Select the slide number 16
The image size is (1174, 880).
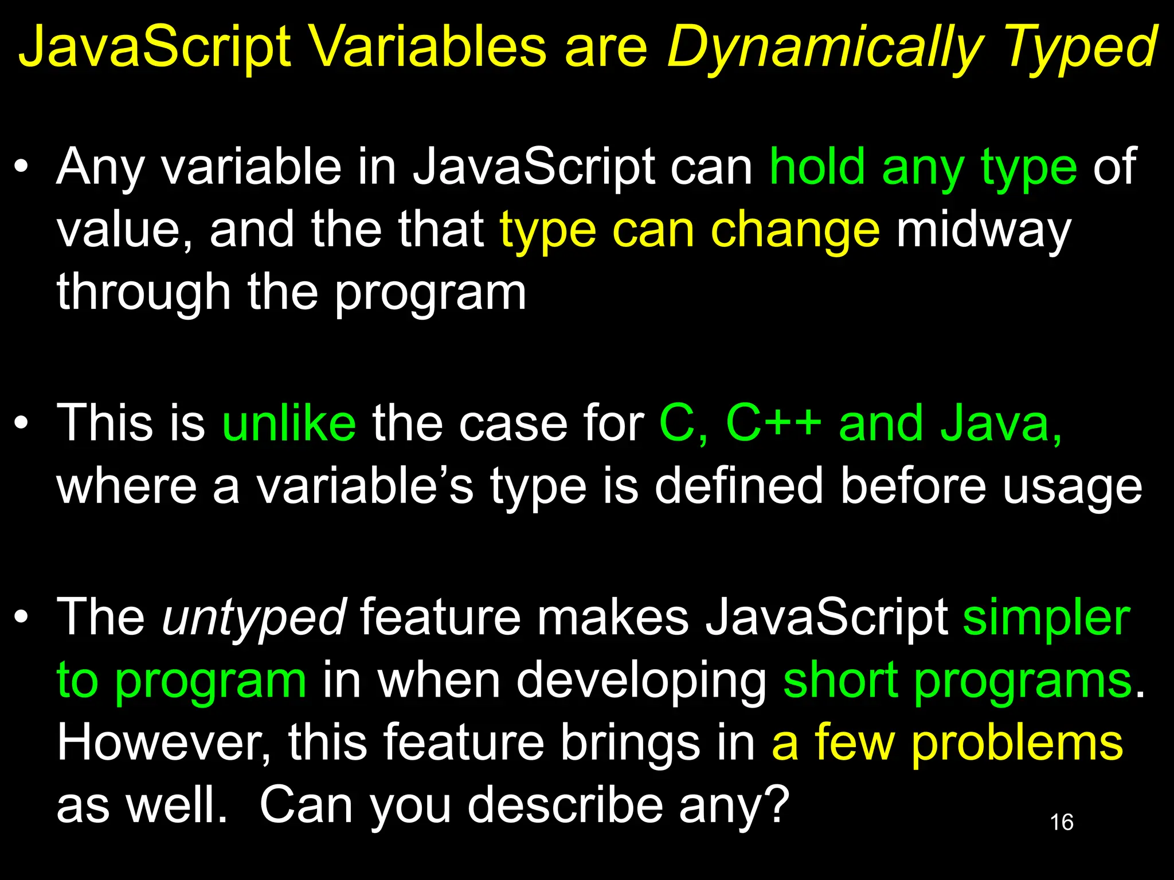pos(1061,822)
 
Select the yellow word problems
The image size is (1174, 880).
pos(1016,742)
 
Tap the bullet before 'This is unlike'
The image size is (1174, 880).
pos(22,424)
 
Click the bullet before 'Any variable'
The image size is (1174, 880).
pos(22,167)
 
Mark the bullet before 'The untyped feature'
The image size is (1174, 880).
pos(22,618)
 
